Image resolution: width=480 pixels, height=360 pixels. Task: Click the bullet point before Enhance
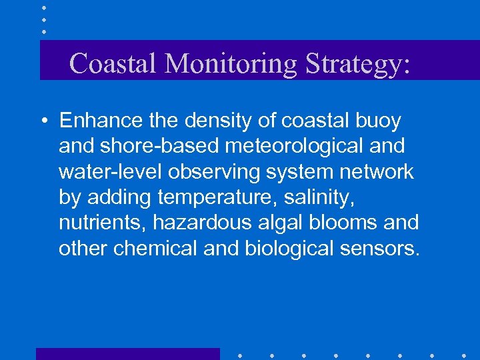pos(43,121)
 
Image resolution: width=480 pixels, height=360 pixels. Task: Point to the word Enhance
pos(101,121)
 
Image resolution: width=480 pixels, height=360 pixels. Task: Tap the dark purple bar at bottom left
pos(127,353)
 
